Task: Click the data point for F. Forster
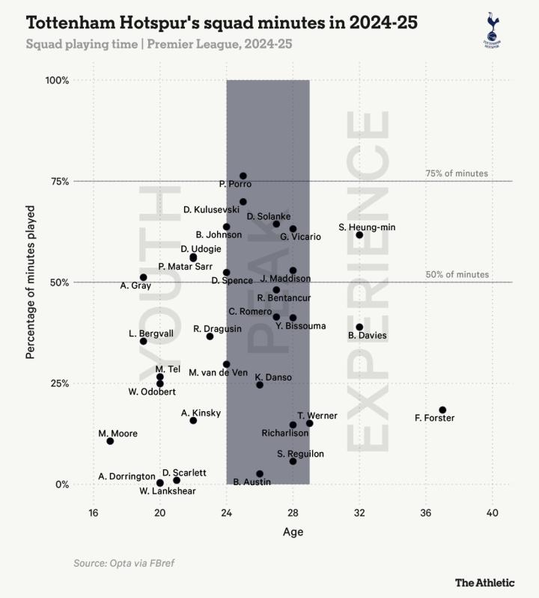coord(442,410)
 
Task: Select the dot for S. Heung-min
coord(359,235)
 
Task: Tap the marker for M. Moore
coord(110,441)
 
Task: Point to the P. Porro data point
coord(243,176)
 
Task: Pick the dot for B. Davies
coord(359,327)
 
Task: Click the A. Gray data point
coord(144,277)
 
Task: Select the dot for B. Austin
coord(260,474)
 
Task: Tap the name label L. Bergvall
coord(151,332)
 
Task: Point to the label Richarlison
coord(284,432)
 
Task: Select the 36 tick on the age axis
coord(426,513)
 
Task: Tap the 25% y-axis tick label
coord(59,383)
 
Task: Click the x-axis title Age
coord(293,532)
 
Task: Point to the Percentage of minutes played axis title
coord(31,283)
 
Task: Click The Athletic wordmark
coord(483,582)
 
